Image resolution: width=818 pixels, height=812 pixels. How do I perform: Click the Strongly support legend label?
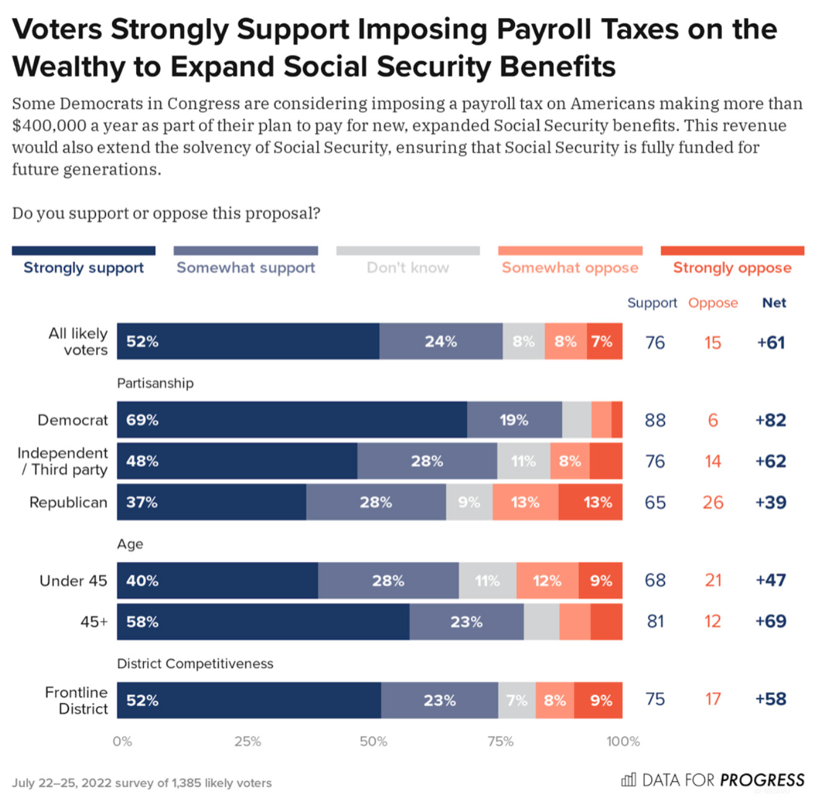click(x=84, y=268)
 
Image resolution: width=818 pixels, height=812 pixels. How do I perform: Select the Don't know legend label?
click(x=408, y=268)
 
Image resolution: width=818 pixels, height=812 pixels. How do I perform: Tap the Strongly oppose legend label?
click(x=732, y=268)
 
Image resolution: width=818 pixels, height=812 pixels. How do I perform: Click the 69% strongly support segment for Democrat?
click(x=292, y=420)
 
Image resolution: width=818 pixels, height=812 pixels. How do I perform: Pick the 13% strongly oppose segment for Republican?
click(x=591, y=502)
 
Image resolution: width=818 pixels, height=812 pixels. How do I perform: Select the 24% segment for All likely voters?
click(x=441, y=341)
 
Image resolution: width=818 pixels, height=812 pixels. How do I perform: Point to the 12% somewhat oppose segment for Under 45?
click(x=547, y=581)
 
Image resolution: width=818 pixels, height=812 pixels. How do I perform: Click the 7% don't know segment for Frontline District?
click(x=517, y=700)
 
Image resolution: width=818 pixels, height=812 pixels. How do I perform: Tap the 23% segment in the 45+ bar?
click(x=466, y=622)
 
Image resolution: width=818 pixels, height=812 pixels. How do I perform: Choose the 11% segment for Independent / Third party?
click(x=523, y=461)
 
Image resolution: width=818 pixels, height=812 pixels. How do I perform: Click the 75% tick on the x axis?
click(x=500, y=741)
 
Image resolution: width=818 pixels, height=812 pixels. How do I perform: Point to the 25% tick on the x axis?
click(x=247, y=741)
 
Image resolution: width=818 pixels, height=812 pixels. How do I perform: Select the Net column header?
click(x=773, y=302)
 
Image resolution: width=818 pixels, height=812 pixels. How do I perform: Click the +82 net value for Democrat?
click(x=770, y=420)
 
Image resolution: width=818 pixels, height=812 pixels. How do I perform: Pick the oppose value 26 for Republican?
click(x=713, y=502)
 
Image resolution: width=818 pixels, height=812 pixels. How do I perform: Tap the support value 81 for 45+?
click(x=655, y=621)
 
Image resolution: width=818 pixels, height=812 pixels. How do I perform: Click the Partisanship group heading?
click(x=155, y=383)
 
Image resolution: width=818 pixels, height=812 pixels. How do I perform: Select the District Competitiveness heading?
click(x=195, y=664)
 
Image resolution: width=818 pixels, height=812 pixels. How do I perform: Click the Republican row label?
click(x=68, y=502)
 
